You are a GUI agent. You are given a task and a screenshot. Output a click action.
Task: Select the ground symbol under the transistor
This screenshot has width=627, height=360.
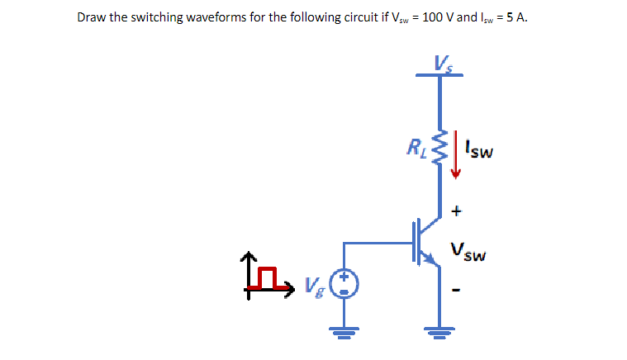(439, 334)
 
